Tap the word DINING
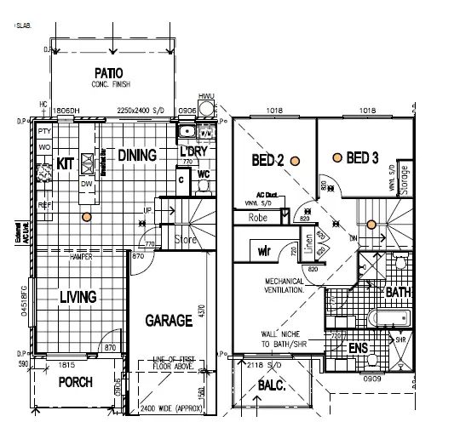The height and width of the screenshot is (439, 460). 137,156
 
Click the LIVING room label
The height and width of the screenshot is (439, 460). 78,297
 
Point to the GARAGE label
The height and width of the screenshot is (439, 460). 169,322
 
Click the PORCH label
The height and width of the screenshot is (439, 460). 75,383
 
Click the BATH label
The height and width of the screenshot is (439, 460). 398,292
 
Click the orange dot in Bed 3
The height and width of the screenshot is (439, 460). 337,157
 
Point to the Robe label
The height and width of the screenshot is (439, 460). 258,217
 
